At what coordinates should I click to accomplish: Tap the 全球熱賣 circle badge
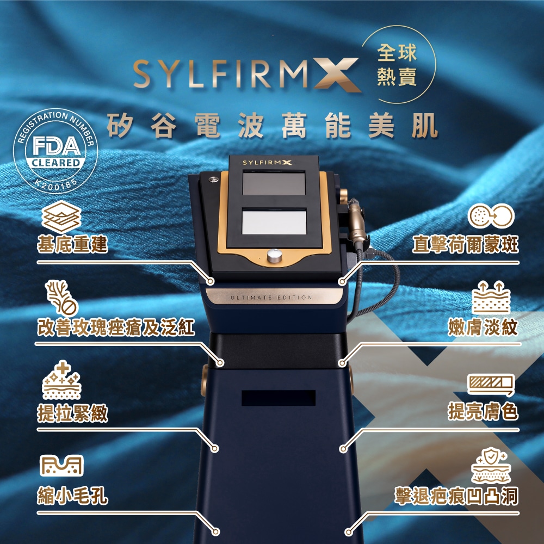click(x=397, y=65)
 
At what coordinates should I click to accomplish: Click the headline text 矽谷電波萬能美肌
click(x=272, y=126)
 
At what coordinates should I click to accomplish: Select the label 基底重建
click(x=72, y=244)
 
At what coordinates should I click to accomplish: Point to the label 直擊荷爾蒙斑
click(x=465, y=244)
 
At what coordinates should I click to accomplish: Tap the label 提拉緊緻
click(x=72, y=413)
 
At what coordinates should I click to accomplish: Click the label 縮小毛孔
click(x=72, y=496)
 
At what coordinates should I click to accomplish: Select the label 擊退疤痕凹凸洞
click(x=457, y=496)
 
